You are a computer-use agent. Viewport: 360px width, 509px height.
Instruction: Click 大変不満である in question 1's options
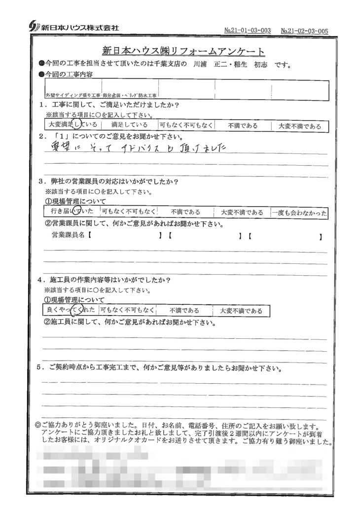click(298, 126)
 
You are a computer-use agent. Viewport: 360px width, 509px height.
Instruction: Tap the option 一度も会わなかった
click(299, 212)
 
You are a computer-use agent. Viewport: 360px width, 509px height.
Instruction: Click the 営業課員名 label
click(69, 236)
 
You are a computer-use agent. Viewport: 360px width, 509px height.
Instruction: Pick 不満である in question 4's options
click(184, 311)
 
